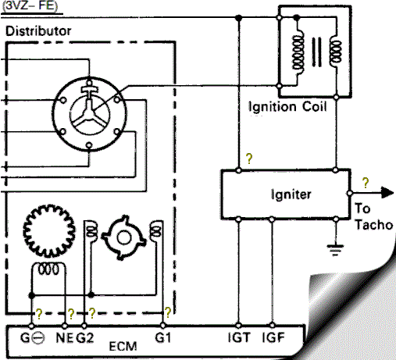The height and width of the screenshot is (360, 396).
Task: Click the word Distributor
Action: coord(38,31)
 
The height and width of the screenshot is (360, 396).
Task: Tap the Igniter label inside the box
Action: coord(291,194)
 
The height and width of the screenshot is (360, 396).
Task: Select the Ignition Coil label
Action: coord(287,107)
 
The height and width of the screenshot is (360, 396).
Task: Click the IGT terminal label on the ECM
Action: coord(239,337)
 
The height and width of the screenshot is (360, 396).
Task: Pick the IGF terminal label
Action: coord(273,337)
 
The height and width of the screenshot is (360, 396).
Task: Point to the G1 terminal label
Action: coord(163,337)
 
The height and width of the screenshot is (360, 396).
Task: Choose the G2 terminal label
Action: coord(85,338)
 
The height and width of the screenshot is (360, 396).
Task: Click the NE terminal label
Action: coord(64,338)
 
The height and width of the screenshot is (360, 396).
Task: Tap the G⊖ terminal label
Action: coord(33,338)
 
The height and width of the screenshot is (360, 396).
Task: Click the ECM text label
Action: coord(123,347)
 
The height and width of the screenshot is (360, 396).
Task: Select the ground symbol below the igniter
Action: coord(335,249)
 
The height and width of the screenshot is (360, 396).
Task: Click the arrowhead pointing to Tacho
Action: coord(387,193)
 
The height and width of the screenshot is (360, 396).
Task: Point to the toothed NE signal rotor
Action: coord(49,230)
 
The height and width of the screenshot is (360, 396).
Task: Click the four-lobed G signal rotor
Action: coord(123,237)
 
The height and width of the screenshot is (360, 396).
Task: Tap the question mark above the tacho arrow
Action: coord(366,183)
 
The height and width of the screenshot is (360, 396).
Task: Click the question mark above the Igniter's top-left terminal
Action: coord(249,159)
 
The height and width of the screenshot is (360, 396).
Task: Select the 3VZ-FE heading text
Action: coord(30,5)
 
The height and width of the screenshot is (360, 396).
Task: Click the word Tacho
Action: coord(374,225)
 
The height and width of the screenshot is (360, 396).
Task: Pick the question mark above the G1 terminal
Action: coord(168,312)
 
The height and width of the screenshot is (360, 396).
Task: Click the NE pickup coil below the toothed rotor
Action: coord(48,269)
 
